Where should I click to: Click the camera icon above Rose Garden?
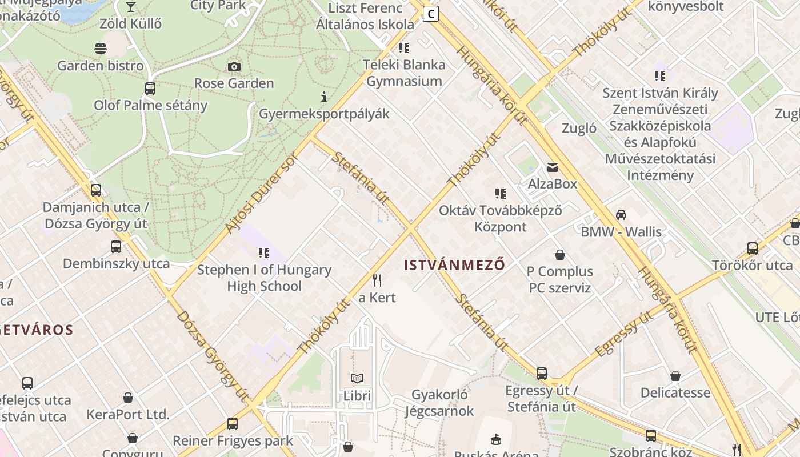pos(234,67)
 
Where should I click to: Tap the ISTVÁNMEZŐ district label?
pos(454,265)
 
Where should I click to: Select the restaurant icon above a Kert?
pos(377,280)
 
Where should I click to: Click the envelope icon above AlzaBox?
pos(553,167)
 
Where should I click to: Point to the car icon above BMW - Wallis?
pos(621,215)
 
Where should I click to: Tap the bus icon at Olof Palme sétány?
pos(150,89)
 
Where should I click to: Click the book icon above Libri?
pos(357,378)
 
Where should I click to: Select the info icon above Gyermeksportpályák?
pos(324,97)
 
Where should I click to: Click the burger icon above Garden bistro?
pos(101,48)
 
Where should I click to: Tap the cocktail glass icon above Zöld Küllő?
pos(131,7)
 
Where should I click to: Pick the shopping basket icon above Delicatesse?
pos(675,376)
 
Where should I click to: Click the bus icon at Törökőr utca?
pos(753,248)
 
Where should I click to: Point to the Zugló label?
pos(579,128)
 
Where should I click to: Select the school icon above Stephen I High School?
pos(264,252)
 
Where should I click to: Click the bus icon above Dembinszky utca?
pos(116,247)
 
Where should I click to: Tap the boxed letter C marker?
pos(431,14)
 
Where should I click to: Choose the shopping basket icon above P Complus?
pos(560,254)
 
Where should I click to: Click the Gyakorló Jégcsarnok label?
pos(439,403)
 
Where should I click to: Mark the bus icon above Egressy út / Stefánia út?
pos(542,374)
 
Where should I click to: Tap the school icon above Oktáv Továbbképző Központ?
pos(501,194)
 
